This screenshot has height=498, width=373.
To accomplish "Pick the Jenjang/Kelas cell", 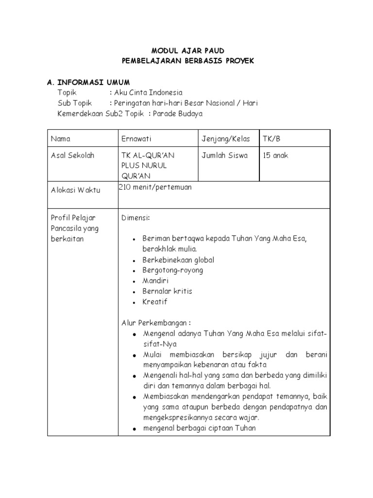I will coord(226,139).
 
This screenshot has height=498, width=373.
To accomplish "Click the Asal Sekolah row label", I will coord(73,156).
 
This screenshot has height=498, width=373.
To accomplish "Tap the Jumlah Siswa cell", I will coord(224,156).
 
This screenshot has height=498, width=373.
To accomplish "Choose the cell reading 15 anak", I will coord(275,156).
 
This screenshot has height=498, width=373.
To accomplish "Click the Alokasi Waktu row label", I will coord(76,190).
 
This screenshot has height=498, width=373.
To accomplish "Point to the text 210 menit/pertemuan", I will coord(155,187).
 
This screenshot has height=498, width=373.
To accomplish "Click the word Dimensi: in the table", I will coord(136,217).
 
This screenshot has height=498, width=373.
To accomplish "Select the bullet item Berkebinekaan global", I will coord(178,260).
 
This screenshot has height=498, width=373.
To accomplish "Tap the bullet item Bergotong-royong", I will coord(172,270).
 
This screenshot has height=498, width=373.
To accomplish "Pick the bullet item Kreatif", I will coord(154,302).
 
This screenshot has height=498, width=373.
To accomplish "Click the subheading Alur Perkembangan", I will coord(156,323).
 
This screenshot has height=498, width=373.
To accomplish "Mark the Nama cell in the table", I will coord(61,139).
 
